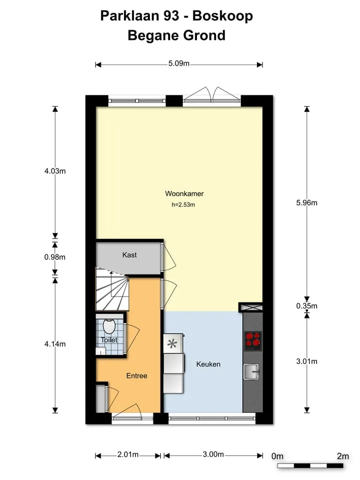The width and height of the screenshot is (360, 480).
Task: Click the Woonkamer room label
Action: click(184, 193)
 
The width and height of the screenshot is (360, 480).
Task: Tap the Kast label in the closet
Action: click(129, 254)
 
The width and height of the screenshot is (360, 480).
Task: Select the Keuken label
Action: click(208, 364)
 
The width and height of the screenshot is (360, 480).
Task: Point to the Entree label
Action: click(137, 375)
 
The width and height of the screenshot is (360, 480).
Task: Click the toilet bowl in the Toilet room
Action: click(108, 326)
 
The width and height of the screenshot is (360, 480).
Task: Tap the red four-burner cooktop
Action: click(253, 341)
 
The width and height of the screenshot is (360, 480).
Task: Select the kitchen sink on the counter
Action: click(251, 371)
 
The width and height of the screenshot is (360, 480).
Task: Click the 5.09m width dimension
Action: click(179, 63)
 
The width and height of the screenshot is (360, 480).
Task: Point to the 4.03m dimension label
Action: click(55, 171)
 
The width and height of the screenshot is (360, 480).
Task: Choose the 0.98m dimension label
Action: click(55, 257)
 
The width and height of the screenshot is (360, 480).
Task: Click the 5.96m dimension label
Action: click(306, 202)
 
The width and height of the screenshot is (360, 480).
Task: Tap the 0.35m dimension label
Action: click(306, 305)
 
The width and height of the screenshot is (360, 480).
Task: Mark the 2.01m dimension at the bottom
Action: click(128, 454)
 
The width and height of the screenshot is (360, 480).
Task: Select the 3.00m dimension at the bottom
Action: click(213, 454)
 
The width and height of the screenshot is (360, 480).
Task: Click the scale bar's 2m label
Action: click(343, 456)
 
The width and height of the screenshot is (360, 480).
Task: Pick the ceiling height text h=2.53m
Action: click(183, 205)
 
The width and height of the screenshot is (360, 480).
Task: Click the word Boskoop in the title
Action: click(222, 16)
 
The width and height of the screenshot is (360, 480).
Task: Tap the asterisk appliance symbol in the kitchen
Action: click(172, 344)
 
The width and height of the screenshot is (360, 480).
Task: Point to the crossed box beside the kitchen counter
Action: click(250, 307)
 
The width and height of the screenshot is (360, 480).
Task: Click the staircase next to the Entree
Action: click(111, 289)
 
